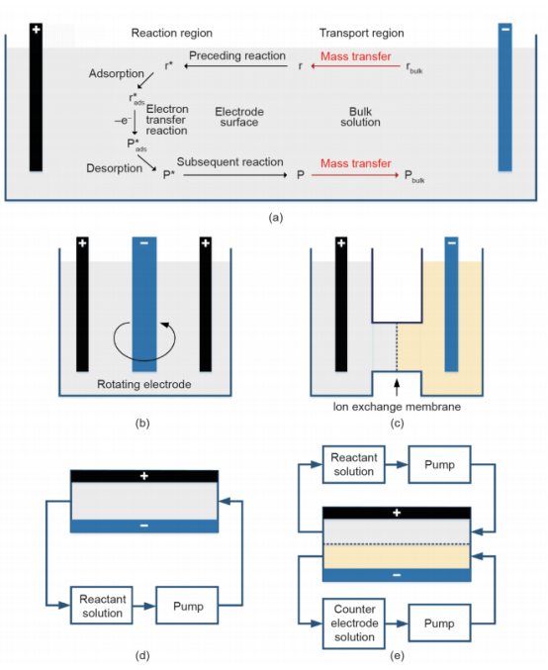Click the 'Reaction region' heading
(172, 33)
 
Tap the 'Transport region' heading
(361, 33)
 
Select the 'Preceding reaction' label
(237, 55)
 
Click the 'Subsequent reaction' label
(229, 162)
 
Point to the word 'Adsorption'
(116, 73)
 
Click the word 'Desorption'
(114, 168)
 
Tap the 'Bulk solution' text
(360, 117)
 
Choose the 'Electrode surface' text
(239, 117)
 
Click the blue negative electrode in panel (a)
(504, 97)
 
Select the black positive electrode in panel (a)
(36, 97)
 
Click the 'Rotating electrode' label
(144, 384)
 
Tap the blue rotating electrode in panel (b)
(144, 304)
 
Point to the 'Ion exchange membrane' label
(397, 407)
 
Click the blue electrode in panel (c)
(451, 304)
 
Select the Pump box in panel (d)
(187, 606)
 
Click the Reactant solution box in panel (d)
(102, 606)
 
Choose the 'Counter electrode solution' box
(354, 623)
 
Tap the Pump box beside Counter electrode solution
(439, 623)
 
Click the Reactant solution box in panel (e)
(354, 464)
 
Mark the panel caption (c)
(397, 424)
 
